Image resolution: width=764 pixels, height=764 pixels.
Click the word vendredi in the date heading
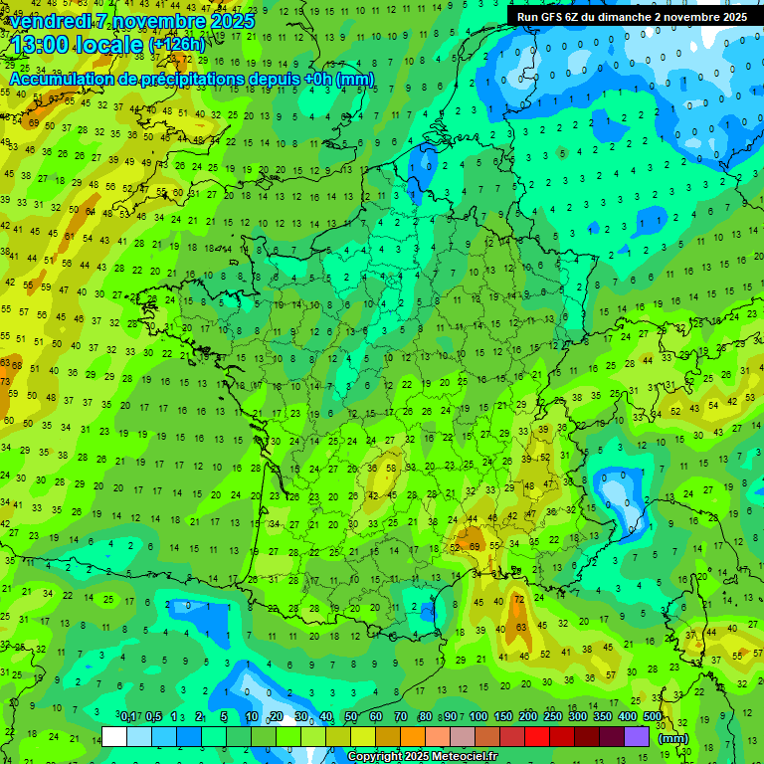point(50,20)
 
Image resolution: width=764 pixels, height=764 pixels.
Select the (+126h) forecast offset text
point(177,46)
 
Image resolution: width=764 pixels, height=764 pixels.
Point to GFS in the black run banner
point(554,17)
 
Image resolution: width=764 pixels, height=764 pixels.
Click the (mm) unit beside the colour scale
point(673,738)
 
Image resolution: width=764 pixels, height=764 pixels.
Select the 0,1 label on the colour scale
point(128,717)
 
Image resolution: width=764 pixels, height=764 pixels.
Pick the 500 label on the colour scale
point(653,717)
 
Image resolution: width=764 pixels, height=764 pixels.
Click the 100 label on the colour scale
point(478,717)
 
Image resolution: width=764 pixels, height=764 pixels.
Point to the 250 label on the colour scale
point(553,717)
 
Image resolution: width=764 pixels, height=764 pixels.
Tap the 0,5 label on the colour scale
point(153,717)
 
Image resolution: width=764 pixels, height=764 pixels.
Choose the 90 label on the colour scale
point(451,717)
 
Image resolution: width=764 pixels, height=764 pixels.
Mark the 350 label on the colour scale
point(603,717)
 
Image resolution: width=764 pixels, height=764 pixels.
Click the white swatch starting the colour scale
point(114,736)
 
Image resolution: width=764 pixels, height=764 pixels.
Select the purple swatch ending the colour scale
point(637,736)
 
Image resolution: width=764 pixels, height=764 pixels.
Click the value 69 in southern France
point(475,546)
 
